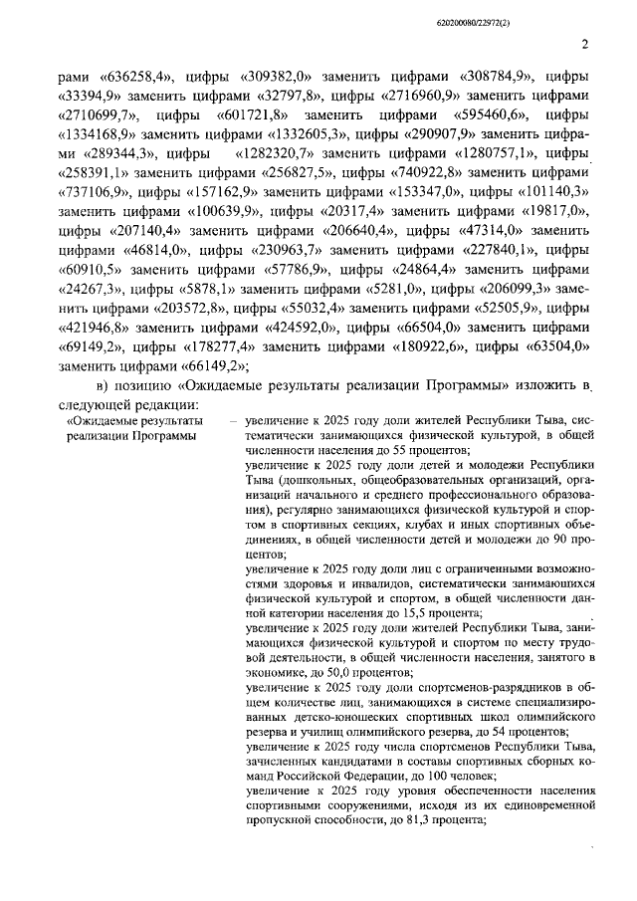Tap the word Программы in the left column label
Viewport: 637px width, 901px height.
152,438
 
